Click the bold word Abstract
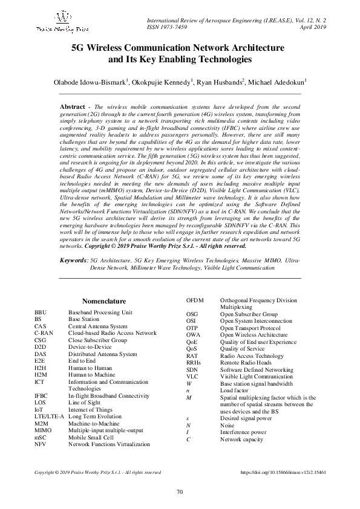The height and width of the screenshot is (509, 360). point(72,106)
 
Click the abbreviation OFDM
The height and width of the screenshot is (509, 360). point(195,300)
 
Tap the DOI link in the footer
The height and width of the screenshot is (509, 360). point(283,489)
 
